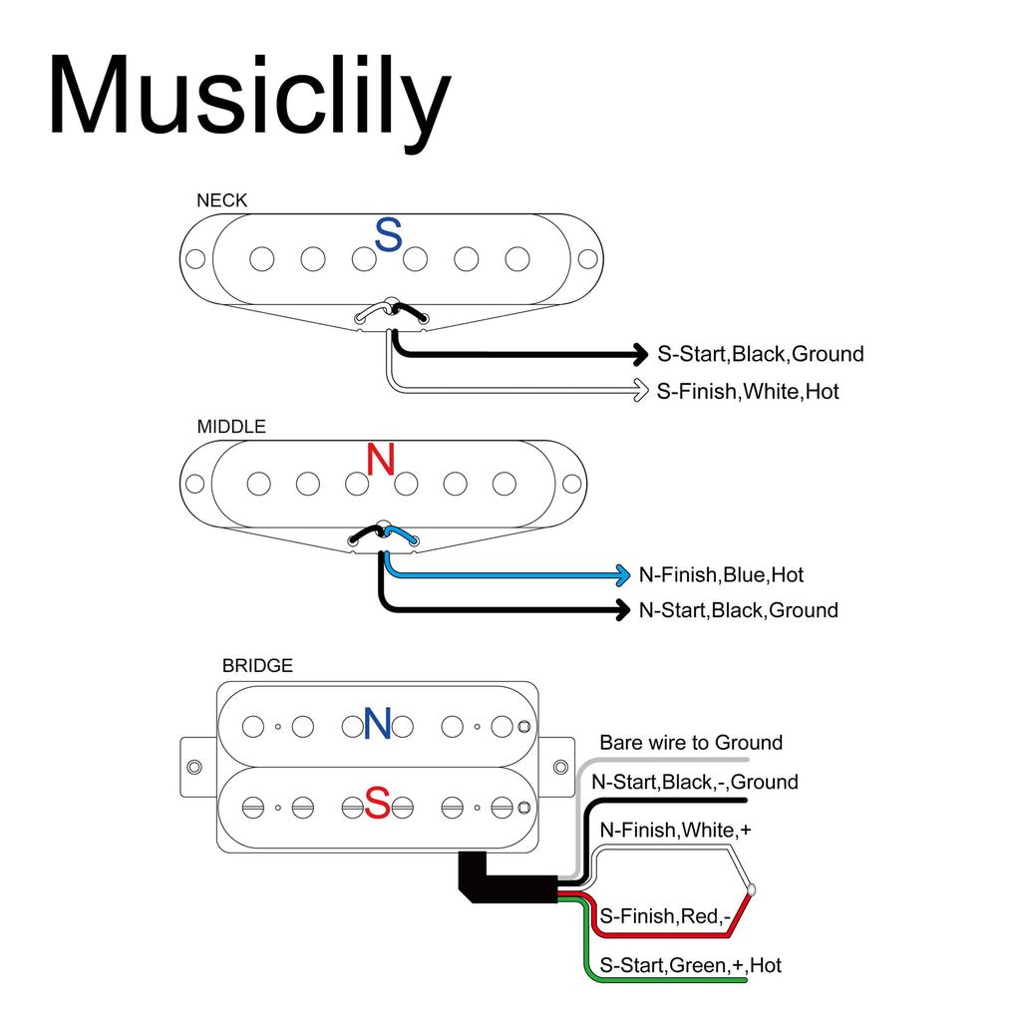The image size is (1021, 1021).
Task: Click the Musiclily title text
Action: (x=249, y=98)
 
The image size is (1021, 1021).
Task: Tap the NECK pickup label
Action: (x=221, y=200)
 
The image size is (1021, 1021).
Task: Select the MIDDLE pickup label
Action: (x=231, y=427)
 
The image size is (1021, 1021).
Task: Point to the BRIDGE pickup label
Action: (x=257, y=665)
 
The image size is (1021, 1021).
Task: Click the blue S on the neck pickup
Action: (x=388, y=236)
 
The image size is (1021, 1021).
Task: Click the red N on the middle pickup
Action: (x=381, y=460)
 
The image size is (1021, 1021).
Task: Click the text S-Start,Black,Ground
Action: (x=760, y=354)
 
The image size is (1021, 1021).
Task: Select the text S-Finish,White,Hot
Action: (x=748, y=392)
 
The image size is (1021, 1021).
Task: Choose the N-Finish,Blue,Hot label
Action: (x=721, y=575)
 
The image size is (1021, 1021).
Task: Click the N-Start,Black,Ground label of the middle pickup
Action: (x=738, y=610)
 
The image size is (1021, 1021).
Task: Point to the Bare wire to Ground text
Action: (x=691, y=743)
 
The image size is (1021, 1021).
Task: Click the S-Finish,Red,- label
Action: (x=663, y=915)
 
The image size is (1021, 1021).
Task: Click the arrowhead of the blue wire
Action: (x=621, y=575)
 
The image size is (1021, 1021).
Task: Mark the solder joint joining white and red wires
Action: (x=751, y=888)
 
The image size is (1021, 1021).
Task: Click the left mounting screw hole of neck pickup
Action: (x=195, y=259)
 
